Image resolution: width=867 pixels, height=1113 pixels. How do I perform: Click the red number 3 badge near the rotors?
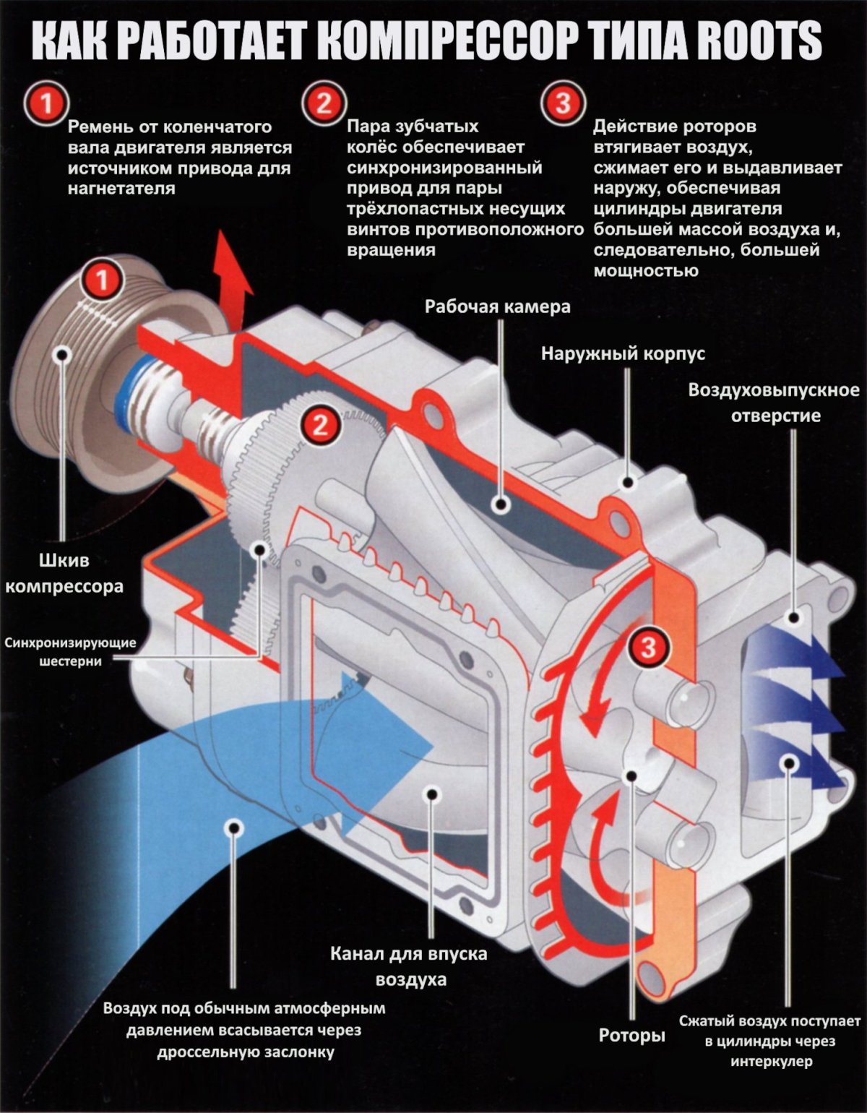click(x=649, y=646)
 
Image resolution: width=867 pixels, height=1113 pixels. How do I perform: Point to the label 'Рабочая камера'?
click(x=497, y=306)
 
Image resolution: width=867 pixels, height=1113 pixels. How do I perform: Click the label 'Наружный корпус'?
click(x=623, y=354)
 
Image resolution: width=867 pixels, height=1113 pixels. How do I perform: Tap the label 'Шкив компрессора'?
click(x=64, y=573)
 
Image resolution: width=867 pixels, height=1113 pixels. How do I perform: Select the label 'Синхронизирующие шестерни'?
click(x=71, y=651)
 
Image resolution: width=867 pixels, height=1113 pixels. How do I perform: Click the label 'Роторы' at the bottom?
click(x=631, y=1036)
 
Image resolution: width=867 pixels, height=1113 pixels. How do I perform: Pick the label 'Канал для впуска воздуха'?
click(x=409, y=966)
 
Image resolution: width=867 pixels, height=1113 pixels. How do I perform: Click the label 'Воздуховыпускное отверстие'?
click(x=774, y=403)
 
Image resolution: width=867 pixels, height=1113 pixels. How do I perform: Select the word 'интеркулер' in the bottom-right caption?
click(x=771, y=1062)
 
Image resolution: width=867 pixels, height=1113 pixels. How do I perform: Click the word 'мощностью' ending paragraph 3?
click(x=646, y=271)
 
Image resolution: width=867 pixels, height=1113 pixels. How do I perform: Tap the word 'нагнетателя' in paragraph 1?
click(x=121, y=189)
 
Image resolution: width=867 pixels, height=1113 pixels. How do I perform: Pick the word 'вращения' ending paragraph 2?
click(x=391, y=251)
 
